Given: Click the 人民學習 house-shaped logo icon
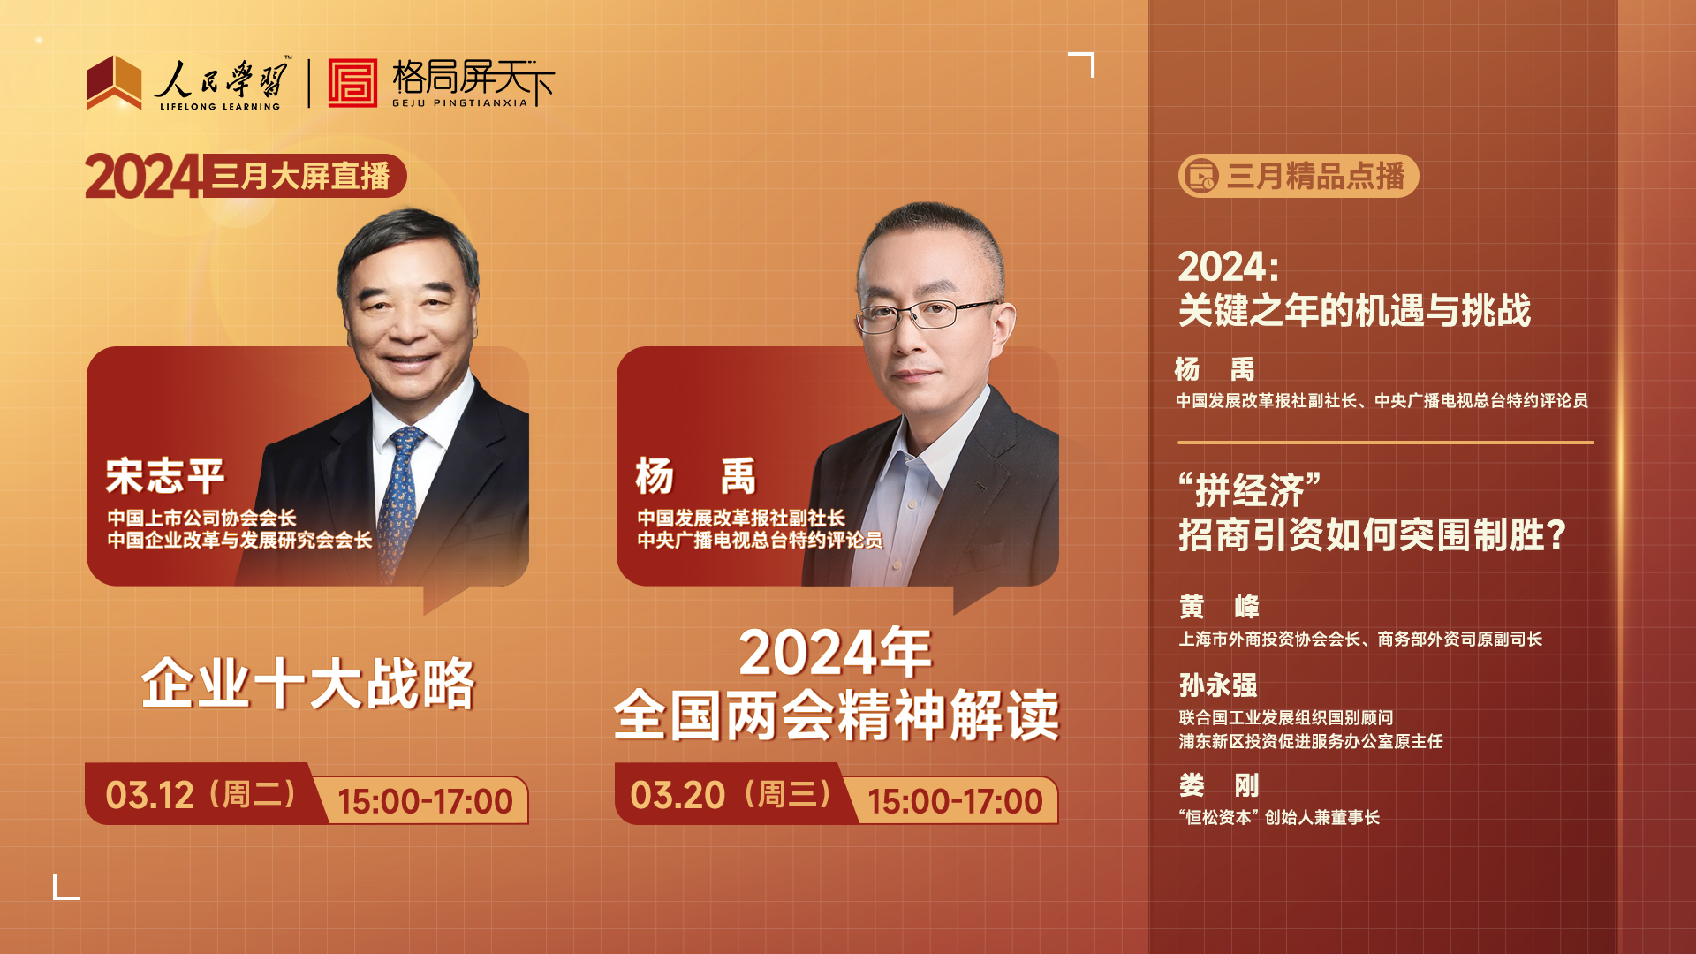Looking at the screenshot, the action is coord(114,83).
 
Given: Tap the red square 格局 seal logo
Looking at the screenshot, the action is coord(352,83).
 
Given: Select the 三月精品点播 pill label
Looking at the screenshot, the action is coord(1298,176).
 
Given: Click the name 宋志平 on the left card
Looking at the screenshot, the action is coord(165,476).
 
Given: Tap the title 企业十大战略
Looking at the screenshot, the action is coord(308,684).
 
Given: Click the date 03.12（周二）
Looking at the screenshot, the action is coord(201,794).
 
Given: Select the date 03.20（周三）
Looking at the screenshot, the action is coord(731,794).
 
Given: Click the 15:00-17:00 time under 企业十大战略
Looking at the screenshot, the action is coord(425,801).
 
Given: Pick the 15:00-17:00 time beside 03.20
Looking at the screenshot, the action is coord(955,801).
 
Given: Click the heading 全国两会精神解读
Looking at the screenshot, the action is coord(837,715).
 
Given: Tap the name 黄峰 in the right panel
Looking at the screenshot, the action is coord(1219,607).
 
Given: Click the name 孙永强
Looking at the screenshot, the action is coord(1218,685).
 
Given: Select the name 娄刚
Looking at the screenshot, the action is coord(1219,785).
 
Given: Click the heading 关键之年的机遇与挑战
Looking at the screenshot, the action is coord(1354,310).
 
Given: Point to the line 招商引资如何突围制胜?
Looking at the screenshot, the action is coord(1373,534).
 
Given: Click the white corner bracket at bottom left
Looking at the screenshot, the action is coord(66,887).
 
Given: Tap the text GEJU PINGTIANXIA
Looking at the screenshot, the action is coord(460,103).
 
